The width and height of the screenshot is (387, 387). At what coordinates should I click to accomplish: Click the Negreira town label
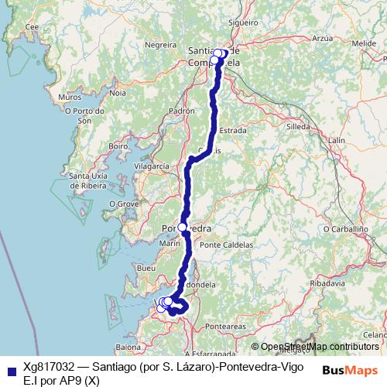tap(161, 45)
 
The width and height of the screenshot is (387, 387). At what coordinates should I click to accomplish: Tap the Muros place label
tap(69, 98)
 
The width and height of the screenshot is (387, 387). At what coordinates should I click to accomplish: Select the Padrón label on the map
tap(181, 111)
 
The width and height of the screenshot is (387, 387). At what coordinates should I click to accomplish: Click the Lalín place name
tap(336, 140)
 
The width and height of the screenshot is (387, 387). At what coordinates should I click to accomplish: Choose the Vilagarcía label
tap(151, 166)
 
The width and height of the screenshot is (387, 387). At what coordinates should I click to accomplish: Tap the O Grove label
tap(122, 203)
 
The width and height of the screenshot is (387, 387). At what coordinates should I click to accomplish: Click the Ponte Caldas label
tap(227, 245)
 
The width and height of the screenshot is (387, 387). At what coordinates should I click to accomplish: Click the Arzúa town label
tap(324, 37)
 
